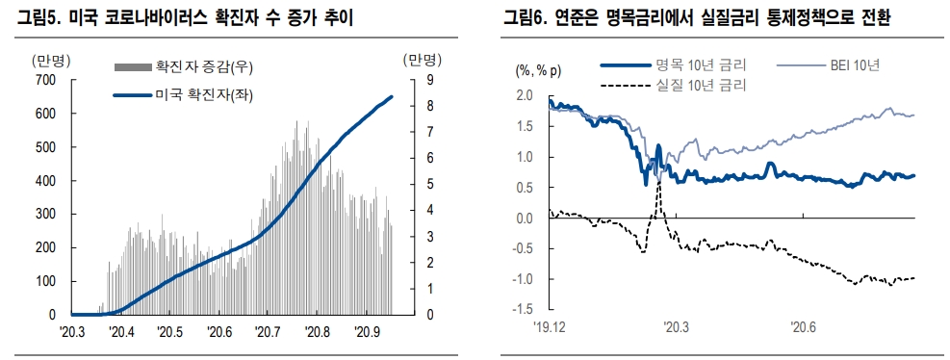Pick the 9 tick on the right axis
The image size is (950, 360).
(x=429, y=81)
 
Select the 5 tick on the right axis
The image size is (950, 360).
(x=429, y=185)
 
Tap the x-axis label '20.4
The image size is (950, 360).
(x=121, y=332)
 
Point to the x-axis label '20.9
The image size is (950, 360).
(x=368, y=332)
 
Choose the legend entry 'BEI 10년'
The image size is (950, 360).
(x=857, y=65)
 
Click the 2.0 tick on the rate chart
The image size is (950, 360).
(x=525, y=95)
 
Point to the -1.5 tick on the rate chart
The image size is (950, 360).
(x=523, y=309)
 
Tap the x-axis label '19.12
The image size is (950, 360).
(x=552, y=327)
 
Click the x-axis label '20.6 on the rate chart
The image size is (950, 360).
(x=804, y=327)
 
